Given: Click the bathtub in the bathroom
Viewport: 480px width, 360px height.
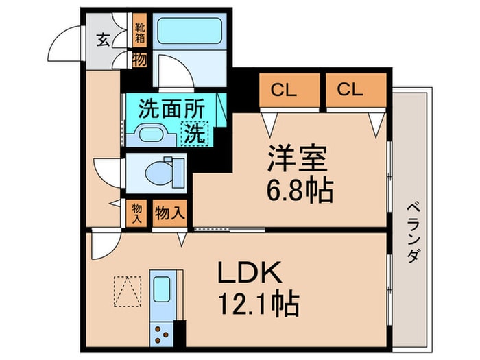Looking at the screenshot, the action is click(189, 31).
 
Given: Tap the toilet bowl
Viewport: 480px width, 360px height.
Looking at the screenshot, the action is click(158, 173).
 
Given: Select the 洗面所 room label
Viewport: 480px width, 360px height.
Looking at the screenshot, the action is click(171, 109).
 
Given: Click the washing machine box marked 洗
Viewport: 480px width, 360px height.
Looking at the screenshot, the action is click(195, 134).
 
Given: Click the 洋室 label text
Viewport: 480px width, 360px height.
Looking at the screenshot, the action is click(297, 158).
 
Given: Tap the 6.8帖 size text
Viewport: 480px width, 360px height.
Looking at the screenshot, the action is click(300, 191).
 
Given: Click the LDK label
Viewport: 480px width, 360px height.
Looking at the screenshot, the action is click(250, 272).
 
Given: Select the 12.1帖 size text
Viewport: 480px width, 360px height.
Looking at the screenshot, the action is click(259, 304).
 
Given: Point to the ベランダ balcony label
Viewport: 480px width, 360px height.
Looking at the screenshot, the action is click(413, 232).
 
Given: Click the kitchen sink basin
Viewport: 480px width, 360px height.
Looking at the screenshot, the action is click(162, 289).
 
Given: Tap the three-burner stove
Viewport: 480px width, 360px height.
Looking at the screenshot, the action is click(162, 335).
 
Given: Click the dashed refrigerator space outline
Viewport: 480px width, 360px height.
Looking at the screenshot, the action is click(128, 291).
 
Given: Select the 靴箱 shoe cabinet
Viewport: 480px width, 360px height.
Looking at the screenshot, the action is click(140, 30).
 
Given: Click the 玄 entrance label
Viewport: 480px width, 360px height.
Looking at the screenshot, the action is click(103, 40).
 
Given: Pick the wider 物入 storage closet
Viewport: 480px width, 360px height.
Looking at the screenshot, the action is click(170, 213).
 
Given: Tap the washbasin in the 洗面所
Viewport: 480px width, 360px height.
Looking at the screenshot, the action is click(151, 134).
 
